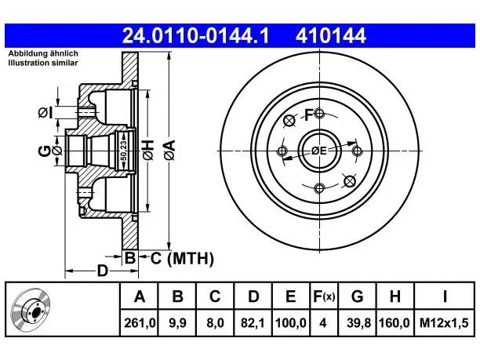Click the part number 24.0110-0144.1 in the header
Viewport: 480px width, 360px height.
pos(195,35)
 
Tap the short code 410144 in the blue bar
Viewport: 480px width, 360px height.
pos(331,35)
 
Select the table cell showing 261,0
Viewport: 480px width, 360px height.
pos(140,323)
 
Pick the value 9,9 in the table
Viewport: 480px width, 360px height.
pos(177,323)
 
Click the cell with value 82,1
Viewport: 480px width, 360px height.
pos(253,323)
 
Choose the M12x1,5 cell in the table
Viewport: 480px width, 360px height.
pos(444,323)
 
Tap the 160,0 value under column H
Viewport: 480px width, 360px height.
pos(395,323)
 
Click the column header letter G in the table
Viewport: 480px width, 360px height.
pos(357,296)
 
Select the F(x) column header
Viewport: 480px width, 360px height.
pos(324,296)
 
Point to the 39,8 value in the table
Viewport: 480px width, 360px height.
pos(358,323)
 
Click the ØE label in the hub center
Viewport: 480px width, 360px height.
pos(319,151)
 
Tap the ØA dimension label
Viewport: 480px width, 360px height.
pos(169,150)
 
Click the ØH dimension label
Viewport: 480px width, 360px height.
pos(148,150)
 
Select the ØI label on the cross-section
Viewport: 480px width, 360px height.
pos(45,113)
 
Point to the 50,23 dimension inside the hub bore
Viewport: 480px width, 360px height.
pos(123,151)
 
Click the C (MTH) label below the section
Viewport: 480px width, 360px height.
pos(182,258)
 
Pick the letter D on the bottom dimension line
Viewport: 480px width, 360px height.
pos(103,271)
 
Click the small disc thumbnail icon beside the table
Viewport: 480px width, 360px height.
pos(31,310)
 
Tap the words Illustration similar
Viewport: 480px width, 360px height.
pos(43,63)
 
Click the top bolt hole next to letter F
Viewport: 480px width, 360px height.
pos(319,114)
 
